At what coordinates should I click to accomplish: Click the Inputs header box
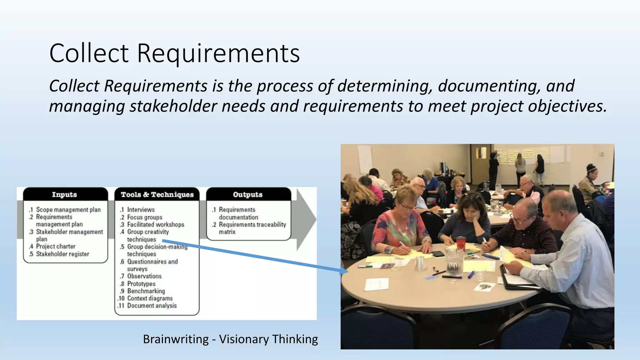[64, 194]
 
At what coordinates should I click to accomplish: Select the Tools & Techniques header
[157, 194]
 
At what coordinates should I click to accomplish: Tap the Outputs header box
[248, 194]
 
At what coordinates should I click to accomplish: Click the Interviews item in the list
[141, 210]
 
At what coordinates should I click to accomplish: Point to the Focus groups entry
[145, 217]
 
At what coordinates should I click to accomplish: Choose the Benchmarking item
[146, 291]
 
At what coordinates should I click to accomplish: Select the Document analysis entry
[152, 306]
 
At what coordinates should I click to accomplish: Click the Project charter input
[56, 246]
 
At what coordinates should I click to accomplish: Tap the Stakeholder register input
[62, 254]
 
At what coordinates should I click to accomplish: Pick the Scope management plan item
[68, 210]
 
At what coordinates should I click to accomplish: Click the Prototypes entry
[141, 284]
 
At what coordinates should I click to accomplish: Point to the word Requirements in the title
[218, 53]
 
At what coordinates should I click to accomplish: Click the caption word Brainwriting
[176, 339]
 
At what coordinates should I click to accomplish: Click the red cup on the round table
[461, 243]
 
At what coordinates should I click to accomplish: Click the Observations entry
[144, 276]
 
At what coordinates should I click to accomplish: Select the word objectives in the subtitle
[567, 106]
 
